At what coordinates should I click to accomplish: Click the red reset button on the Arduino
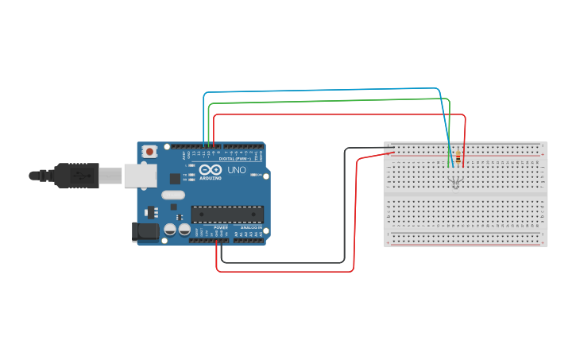coord(149,151)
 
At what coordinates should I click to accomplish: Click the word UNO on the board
coord(237,170)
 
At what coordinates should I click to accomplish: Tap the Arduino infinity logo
coord(211,170)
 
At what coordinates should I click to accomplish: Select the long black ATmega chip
coord(227,214)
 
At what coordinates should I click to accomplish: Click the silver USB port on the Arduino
coord(140,176)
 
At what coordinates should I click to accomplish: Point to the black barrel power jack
coord(145,232)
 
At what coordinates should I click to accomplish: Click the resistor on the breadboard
coord(458,158)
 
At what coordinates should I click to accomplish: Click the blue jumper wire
coord(318,90)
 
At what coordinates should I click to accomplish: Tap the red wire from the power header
coord(286,271)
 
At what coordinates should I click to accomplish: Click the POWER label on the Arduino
coord(220,227)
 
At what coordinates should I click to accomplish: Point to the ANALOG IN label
coord(250,227)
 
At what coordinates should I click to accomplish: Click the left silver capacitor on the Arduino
coord(170,230)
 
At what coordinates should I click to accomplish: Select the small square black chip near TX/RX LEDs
coord(175,180)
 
